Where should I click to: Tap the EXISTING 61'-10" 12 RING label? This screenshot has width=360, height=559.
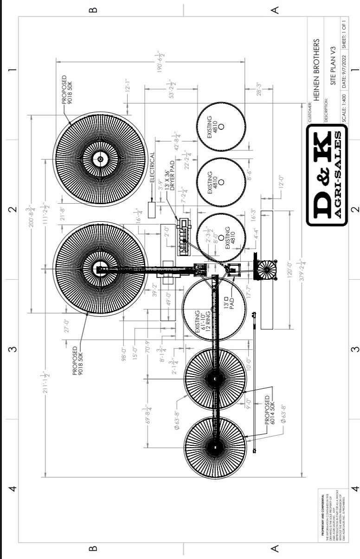click(x=203, y=320)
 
